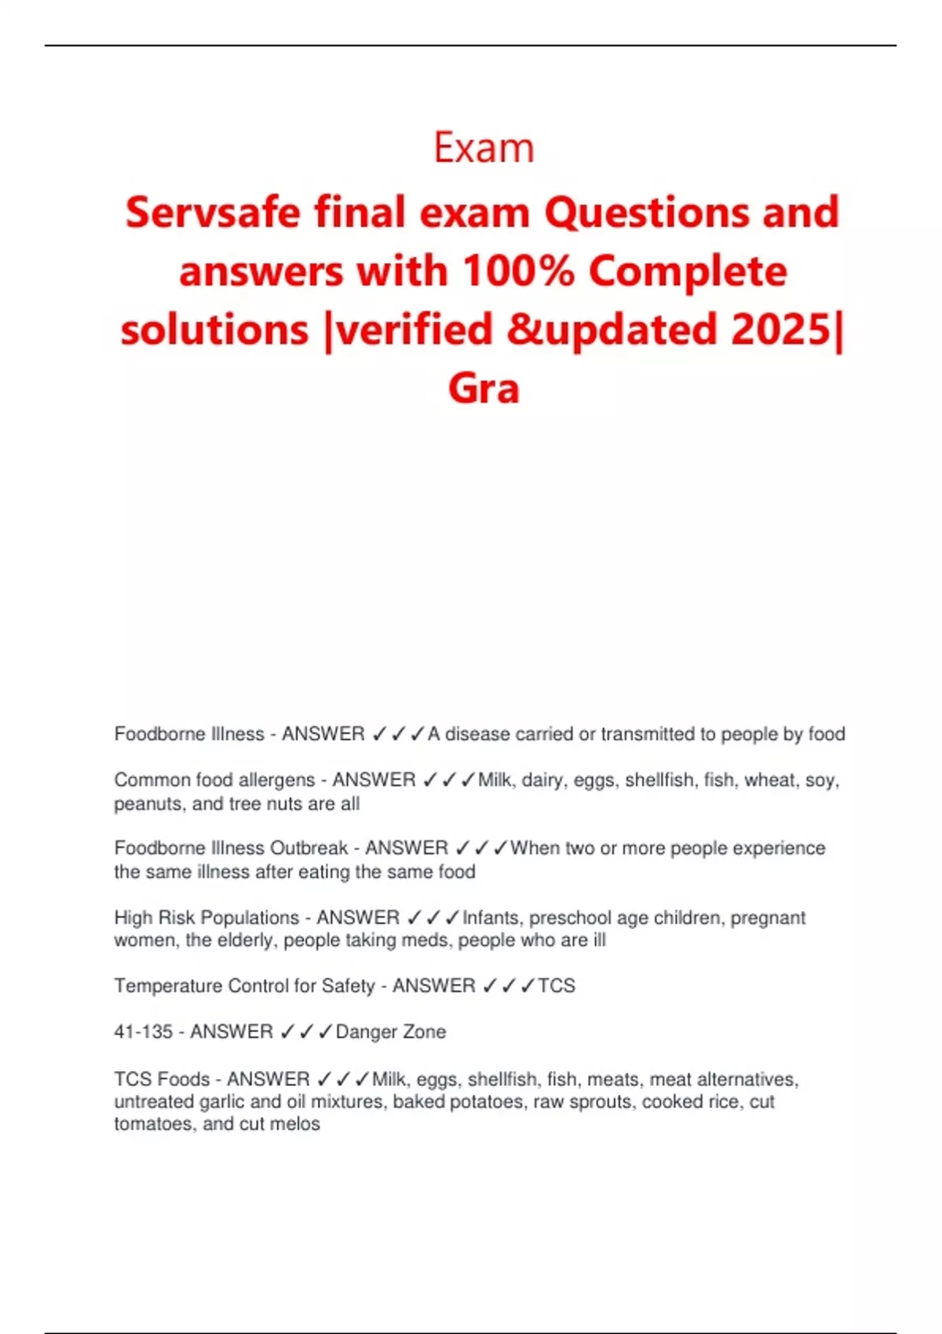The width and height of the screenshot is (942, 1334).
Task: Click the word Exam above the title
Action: click(x=484, y=148)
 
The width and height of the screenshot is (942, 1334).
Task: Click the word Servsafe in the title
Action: click(x=212, y=213)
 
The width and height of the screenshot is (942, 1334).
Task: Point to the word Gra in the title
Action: click(x=484, y=388)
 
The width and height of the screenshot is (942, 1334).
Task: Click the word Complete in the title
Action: click(x=688, y=272)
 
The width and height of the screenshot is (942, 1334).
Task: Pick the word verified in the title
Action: click(x=416, y=330)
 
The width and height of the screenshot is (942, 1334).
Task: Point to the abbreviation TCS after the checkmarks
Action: click(x=557, y=986)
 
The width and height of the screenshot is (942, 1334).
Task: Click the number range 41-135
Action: click(x=143, y=1032)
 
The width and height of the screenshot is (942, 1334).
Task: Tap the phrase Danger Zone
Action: click(x=391, y=1032)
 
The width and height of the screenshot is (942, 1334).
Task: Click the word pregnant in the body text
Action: click(x=768, y=917)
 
